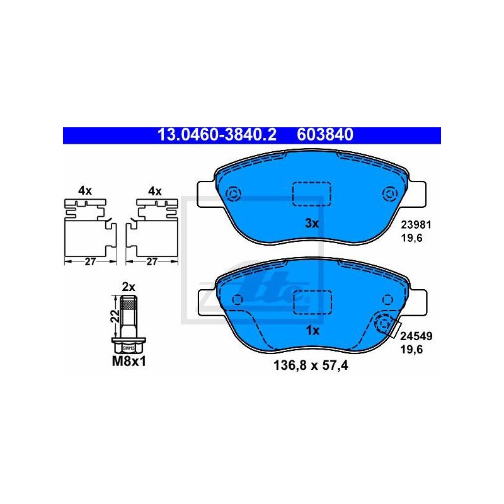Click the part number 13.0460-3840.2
point(217,135)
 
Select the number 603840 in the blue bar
point(325,135)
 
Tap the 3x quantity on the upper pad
point(312,224)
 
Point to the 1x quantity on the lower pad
point(312,330)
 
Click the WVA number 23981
point(416,225)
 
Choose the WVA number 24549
point(416,336)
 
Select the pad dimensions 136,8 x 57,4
point(311,365)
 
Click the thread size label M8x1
point(129,361)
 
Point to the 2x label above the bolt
point(129,287)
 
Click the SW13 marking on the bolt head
point(129,348)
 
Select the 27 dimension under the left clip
point(90,261)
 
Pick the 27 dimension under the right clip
point(152,261)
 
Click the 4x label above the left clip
point(85,191)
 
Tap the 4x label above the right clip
point(155,192)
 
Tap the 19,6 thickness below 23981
point(411,238)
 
